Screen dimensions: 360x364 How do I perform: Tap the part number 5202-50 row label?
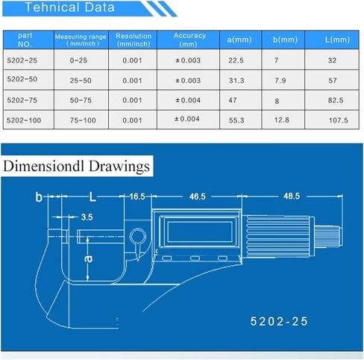(x=25, y=81)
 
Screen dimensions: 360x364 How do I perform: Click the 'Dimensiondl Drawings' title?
(x=78, y=166)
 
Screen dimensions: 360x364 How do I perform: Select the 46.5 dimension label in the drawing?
(x=197, y=196)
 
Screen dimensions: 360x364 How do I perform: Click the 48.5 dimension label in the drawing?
(x=292, y=196)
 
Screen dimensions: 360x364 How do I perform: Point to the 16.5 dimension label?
(x=136, y=196)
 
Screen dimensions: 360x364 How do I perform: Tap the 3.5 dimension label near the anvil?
(x=87, y=217)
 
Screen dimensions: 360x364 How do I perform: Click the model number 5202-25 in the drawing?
(x=278, y=322)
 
